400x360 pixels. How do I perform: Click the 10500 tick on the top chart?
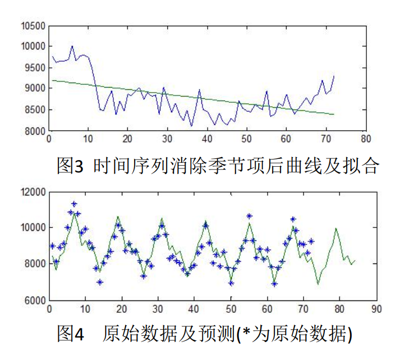tap(33, 26)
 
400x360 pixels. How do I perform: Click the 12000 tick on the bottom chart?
tap(33, 192)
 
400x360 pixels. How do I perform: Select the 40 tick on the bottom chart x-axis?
tap(194, 309)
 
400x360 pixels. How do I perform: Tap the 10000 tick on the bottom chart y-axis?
tap(33, 227)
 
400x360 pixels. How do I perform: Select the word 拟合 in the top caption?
tap(362, 165)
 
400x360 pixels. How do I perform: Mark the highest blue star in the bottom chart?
tap(74, 204)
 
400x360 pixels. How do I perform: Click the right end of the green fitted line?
tap(334, 114)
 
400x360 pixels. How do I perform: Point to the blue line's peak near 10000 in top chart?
tap(72, 47)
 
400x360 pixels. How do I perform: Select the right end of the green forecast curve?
tap(355, 261)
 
